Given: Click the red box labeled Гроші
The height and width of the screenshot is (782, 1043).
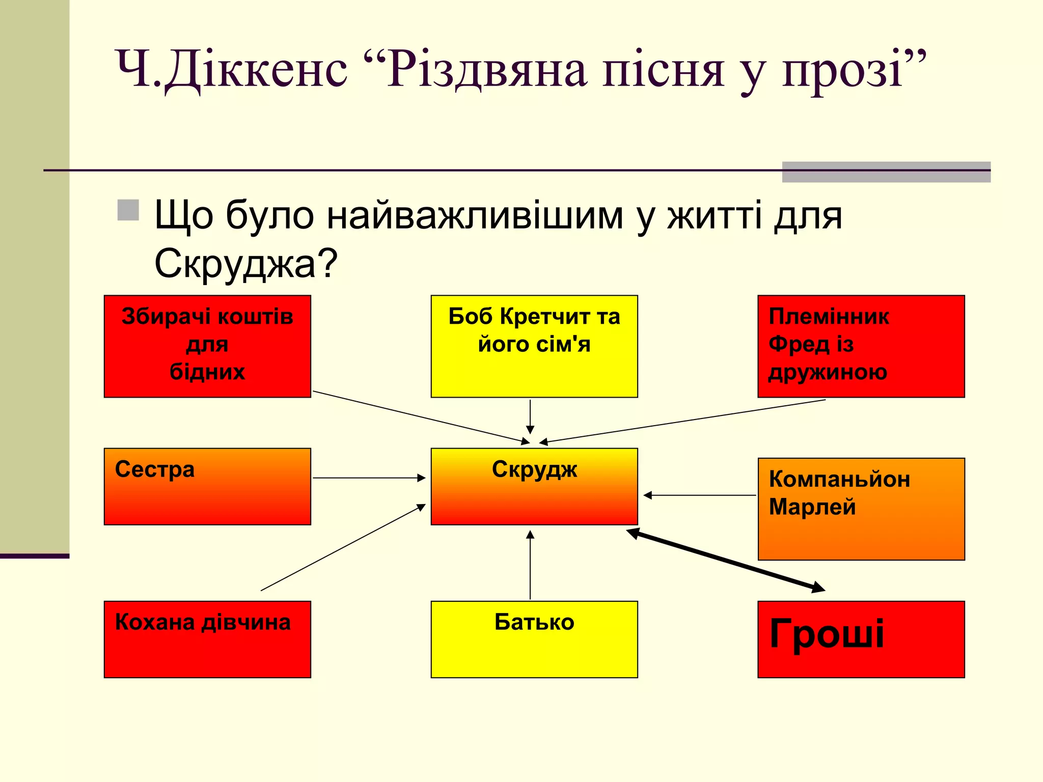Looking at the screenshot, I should [861, 639].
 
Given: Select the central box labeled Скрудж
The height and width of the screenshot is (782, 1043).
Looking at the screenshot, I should [534, 486].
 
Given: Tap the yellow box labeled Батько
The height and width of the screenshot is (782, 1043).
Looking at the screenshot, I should [534, 639].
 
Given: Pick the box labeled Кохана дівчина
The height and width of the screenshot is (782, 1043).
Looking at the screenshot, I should [207, 639].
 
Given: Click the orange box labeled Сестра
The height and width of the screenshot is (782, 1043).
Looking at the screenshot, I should [207, 486].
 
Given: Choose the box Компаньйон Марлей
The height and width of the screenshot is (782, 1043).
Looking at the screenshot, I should [861, 509].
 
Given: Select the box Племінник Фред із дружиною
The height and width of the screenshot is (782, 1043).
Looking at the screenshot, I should [861, 346].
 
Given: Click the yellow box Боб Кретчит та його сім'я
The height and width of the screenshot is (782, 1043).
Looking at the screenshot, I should [534, 346].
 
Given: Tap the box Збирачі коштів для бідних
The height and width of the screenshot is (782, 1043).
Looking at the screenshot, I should [207, 346].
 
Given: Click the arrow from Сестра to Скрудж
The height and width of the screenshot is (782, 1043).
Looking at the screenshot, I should [369, 478].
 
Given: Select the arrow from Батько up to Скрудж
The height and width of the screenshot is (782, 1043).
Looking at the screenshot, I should [530, 565].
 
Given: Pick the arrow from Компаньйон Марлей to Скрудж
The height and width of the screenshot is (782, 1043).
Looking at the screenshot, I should [700, 495].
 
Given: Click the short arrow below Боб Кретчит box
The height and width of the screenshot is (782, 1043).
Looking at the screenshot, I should [530, 416].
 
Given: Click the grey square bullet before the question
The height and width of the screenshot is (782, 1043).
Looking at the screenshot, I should [128, 210].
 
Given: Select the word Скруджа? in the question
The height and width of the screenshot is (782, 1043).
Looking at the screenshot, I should [246, 264].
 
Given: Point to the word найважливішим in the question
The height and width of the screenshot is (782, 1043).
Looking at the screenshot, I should [475, 215].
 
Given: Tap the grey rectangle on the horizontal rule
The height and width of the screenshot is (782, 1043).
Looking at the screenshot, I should [886, 172].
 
